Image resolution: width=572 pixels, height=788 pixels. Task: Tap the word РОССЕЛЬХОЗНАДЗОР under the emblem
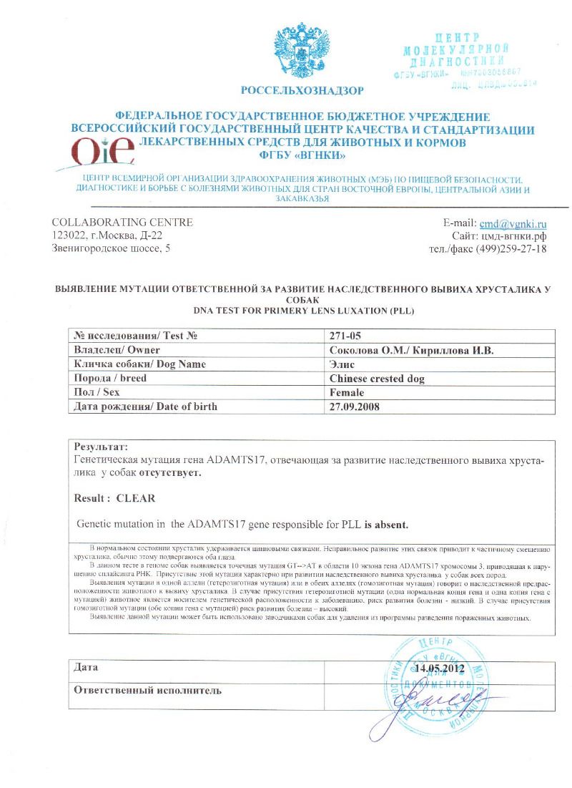[302, 91]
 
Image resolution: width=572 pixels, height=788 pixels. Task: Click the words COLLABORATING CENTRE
[122, 223]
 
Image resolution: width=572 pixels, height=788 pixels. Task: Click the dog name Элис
[342, 364]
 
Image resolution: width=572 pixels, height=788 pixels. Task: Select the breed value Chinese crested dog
[382, 379]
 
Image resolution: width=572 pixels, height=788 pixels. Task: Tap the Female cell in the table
[347, 393]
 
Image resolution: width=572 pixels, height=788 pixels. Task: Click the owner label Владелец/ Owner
[117, 350]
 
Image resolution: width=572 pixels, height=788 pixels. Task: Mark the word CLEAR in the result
[136, 497]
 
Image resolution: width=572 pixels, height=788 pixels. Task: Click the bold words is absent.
[385, 525]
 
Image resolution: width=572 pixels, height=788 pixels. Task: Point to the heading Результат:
[101, 446]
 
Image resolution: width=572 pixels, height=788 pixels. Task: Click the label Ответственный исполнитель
[148, 691]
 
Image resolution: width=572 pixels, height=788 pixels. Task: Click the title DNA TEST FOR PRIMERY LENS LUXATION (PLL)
[304, 311]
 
